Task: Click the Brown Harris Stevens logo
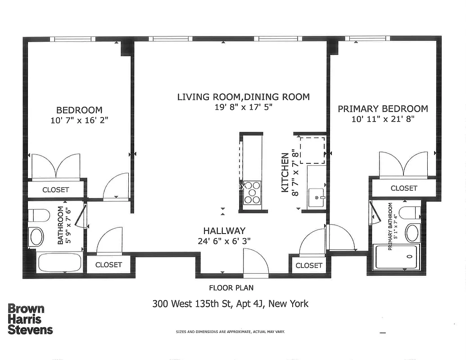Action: (x=30, y=319)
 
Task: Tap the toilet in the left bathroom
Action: (x=38, y=216)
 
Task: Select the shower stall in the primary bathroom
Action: (x=396, y=257)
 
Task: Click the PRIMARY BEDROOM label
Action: (x=383, y=109)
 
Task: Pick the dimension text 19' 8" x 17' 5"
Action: (x=243, y=107)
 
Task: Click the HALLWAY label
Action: (x=224, y=230)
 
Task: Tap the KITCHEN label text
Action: (x=285, y=173)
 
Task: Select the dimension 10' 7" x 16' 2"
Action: (x=79, y=120)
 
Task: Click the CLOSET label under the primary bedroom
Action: (x=403, y=188)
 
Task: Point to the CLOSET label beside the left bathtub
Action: (x=109, y=265)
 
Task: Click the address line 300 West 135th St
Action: (x=231, y=304)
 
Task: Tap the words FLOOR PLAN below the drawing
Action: (x=228, y=288)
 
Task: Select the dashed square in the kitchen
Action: (x=312, y=150)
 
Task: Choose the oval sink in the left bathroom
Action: (x=36, y=237)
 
